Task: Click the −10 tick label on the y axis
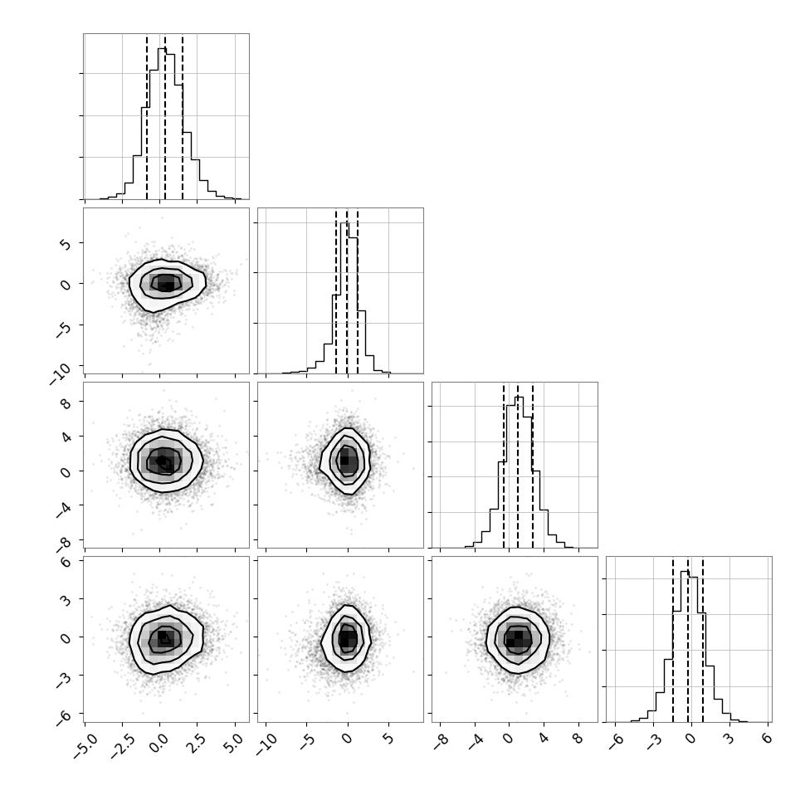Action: (x=61, y=373)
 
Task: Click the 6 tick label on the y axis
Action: (x=66, y=562)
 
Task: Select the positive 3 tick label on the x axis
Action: (x=729, y=739)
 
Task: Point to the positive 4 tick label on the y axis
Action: (x=66, y=436)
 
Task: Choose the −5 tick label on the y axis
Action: (x=62, y=329)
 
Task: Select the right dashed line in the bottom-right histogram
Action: (x=702, y=639)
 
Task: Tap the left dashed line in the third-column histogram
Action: (x=504, y=465)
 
